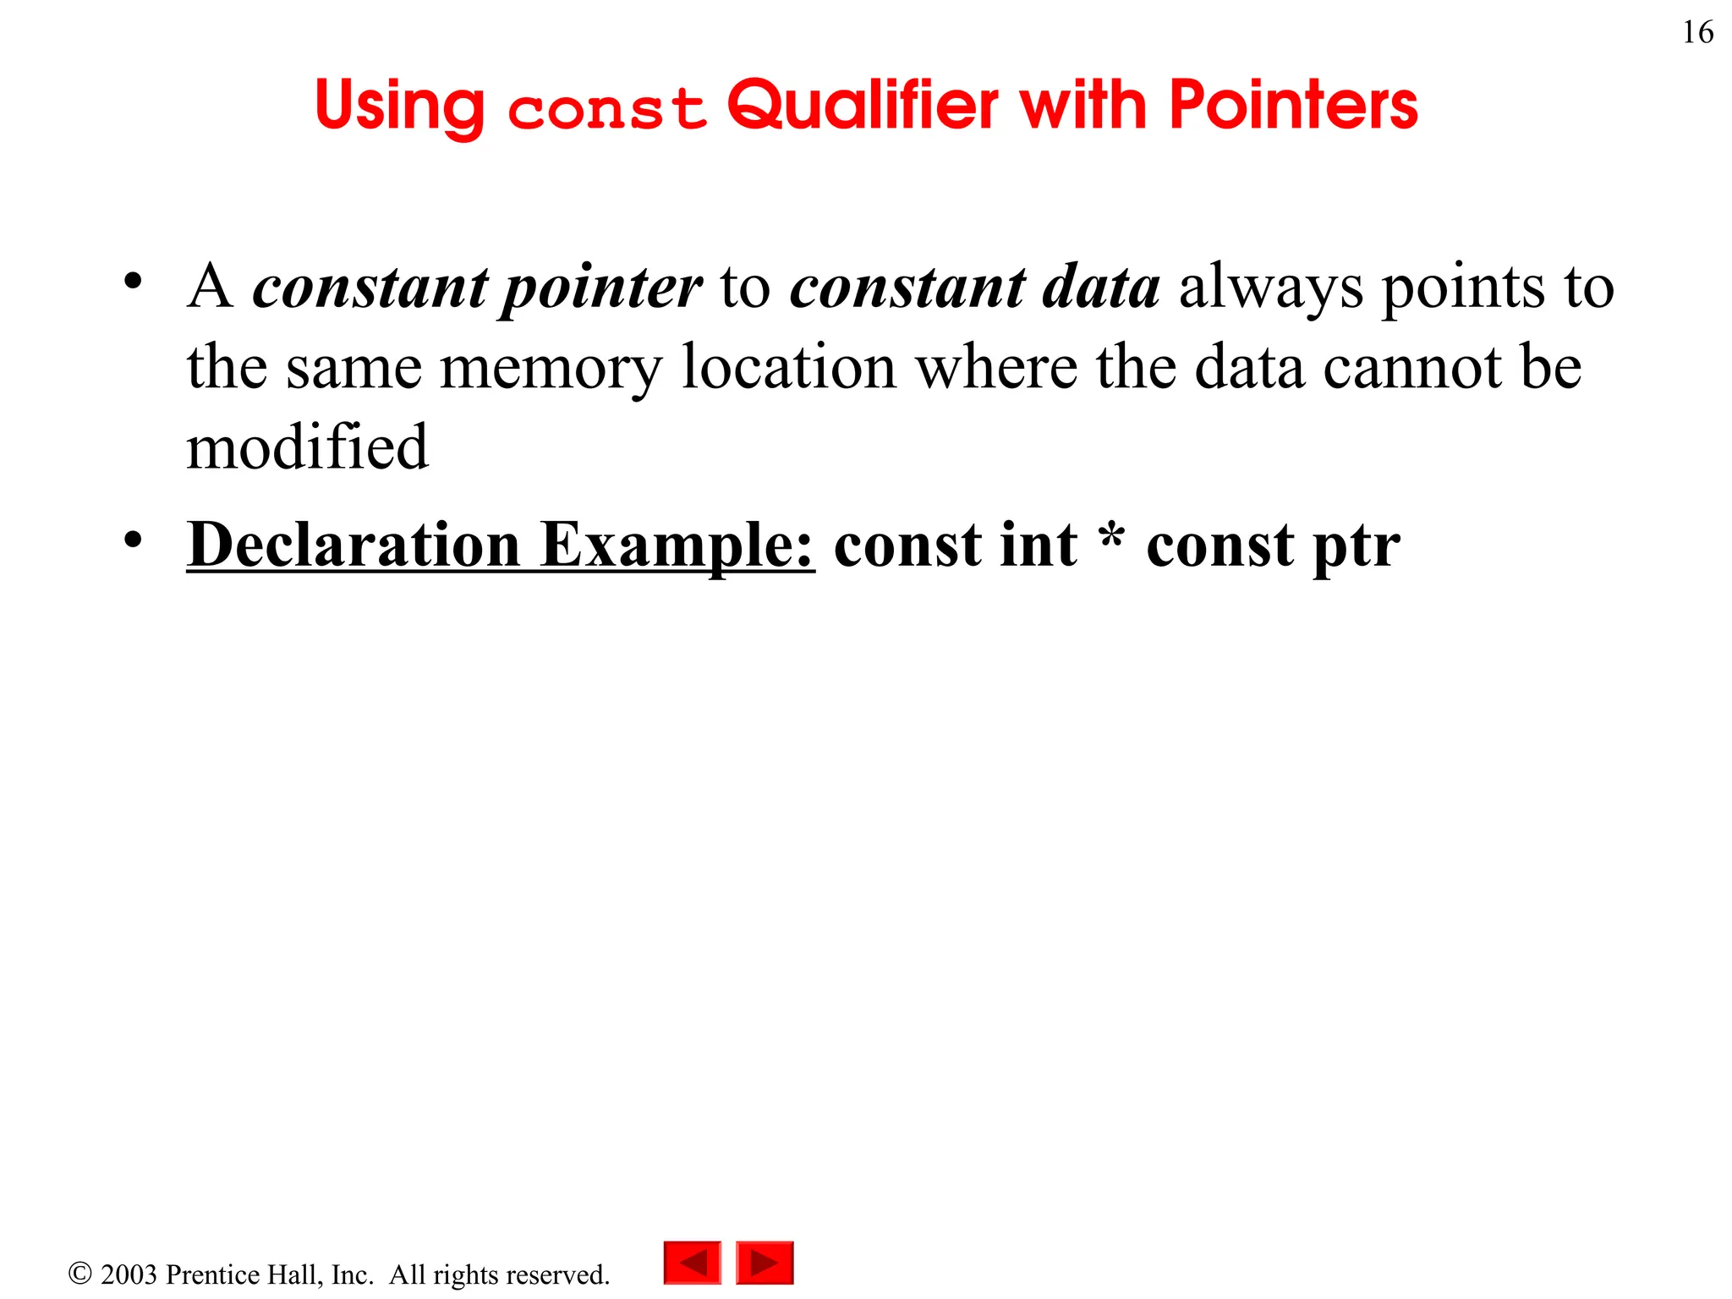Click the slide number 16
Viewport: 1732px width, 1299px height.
point(1697,33)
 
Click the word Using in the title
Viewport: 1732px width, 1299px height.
point(400,106)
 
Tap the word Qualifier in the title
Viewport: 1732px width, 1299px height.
point(863,106)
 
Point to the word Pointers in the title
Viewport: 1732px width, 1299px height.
point(1293,106)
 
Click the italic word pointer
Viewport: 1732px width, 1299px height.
point(601,288)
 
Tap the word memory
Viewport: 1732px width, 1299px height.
point(551,369)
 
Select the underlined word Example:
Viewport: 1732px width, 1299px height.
point(677,545)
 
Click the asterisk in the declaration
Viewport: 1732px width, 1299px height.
point(1113,538)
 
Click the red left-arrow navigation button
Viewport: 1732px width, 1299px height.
point(692,1262)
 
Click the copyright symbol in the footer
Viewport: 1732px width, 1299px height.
point(79,1274)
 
